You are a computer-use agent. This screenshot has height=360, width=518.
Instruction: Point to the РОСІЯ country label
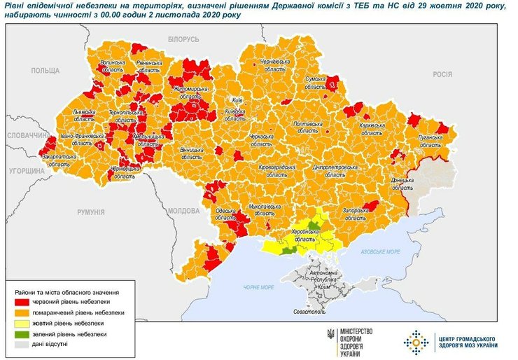pyautogui.click(x=442, y=74)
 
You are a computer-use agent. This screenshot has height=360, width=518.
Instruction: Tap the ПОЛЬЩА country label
pyautogui.click(x=45, y=71)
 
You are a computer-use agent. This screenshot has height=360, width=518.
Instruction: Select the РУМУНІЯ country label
pyautogui.click(x=91, y=211)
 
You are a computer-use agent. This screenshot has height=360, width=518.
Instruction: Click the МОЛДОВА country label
pyautogui.click(x=184, y=210)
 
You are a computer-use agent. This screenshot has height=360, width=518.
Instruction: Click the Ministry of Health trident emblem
pyautogui.click(x=331, y=340)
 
